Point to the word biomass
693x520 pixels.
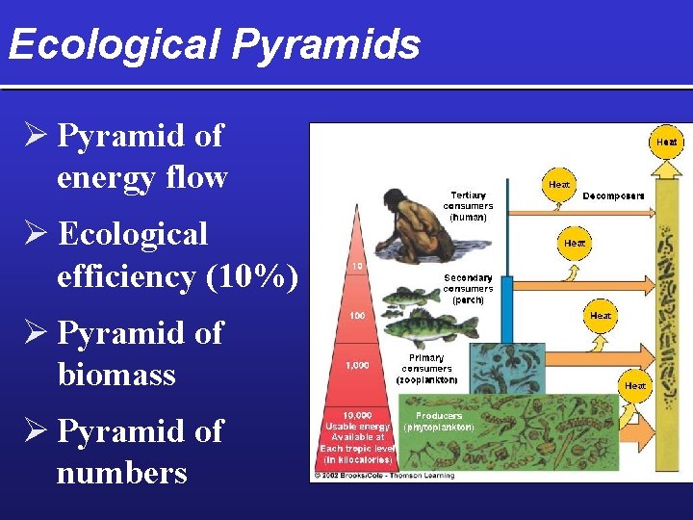click(116, 374)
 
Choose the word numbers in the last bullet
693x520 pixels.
click(121, 473)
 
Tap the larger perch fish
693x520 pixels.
click(419, 330)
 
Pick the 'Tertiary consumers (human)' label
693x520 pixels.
click(468, 206)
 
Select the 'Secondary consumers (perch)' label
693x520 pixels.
click(468, 289)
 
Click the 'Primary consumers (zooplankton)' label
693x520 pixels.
click(426, 369)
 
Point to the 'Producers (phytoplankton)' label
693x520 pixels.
click(438, 421)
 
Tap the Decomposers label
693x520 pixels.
click(613, 195)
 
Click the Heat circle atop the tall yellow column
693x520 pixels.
click(666, 142)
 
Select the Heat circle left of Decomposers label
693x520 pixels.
click(559, 183)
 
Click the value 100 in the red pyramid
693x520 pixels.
click(356, 315)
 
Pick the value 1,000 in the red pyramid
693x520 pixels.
click(356, 365)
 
